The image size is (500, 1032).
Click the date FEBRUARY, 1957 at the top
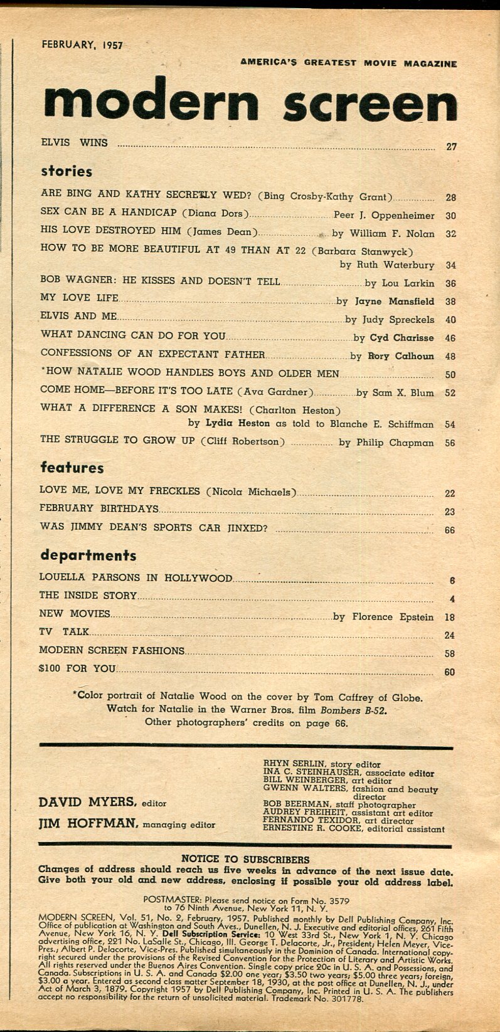coord(82,45)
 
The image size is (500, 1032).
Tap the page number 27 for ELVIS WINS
coord(451,147)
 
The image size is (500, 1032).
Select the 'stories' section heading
coord(66,171)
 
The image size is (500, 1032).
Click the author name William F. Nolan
coord(391,234)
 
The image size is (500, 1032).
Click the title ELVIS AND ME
coord(78,317)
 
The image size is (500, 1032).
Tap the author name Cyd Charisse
coord(402,338)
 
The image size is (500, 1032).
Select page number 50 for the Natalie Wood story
coord(450,375)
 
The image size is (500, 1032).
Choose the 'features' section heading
coord(72,468)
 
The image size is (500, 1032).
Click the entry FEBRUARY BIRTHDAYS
coord(98,508)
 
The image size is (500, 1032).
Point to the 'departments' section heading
coord(88,555)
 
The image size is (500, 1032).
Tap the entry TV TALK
coord(65,632)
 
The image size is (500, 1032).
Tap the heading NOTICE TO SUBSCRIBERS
coord(245,859)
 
